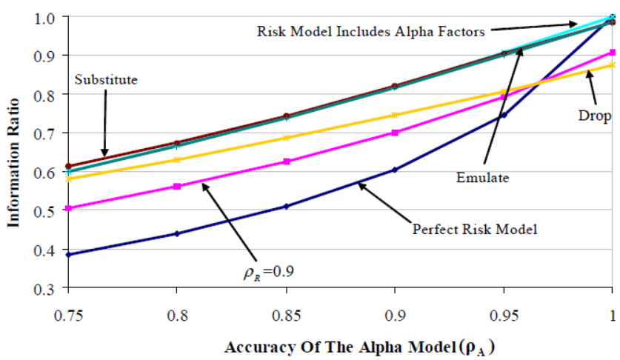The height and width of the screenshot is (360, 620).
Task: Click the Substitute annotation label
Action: pyautogui.click(x=106, y=79)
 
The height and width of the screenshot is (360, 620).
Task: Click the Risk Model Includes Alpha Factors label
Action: pyautogui.click(x=370, y=32)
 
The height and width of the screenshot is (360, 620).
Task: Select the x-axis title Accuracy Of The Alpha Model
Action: pyautogui.click(x=326, y=346)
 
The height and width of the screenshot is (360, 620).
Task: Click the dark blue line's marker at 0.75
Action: pyautogui.click(x=67, y=255)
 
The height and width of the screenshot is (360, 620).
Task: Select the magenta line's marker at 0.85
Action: pyautogui.click(x=285, y=161)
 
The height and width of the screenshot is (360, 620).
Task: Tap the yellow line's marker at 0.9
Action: pyautogui.click(x=395, y=115)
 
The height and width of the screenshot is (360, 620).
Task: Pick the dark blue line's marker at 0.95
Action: pyautogui.click(x=504, y=115)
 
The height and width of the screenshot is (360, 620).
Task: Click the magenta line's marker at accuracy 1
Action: pyautogui.click(x=612, y=53)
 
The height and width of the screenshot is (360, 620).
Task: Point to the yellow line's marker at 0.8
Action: pyautogui.click(x=176, y=159)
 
